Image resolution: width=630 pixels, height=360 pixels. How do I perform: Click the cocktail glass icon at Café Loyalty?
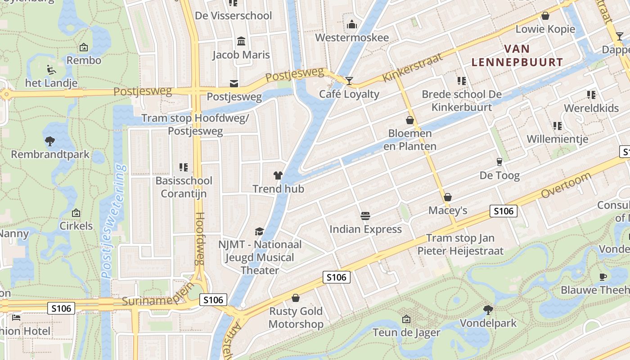[349, 81]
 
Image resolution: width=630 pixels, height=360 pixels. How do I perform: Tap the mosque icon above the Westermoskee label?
[352, 24]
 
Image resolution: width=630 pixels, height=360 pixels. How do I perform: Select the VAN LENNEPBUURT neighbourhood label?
[517, 55]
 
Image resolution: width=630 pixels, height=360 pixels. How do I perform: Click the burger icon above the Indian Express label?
[365, 216]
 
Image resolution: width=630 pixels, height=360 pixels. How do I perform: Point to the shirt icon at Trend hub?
[278, 175]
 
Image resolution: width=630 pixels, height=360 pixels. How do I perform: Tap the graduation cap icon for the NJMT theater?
[259, 231]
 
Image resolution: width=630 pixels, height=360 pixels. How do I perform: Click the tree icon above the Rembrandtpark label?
[50, 141]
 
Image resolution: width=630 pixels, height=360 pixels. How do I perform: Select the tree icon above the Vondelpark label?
[488, 310]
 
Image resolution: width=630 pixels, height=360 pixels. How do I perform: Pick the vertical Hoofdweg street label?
[200, 238]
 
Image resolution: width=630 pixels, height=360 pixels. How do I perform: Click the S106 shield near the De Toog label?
[504, 211]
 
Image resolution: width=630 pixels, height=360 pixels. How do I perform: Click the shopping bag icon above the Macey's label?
[447, 197]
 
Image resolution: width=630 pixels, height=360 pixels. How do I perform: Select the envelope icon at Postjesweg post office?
[234, 83]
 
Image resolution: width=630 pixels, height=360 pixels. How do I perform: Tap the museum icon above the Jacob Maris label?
[241, 41]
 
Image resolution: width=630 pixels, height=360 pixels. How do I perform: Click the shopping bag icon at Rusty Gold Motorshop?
[296, 298]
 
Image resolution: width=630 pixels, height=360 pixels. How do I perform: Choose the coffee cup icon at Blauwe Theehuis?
[603, 277]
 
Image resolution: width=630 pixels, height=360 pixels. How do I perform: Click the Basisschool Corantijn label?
[184, 187]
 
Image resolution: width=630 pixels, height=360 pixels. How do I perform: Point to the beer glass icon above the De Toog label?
[499, 162]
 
